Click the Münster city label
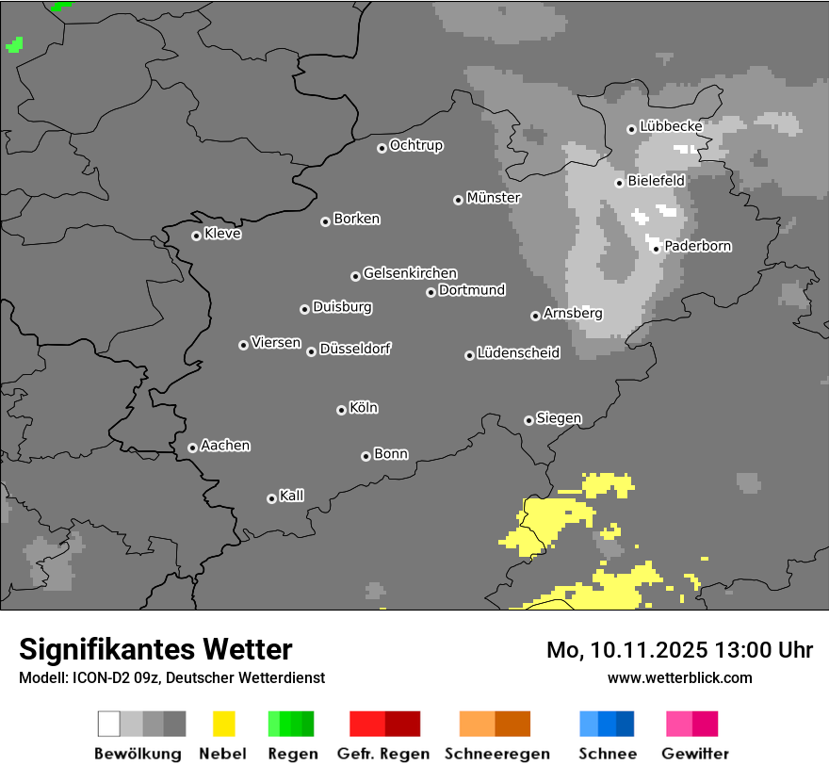pyautogui.click(x=494, y=198)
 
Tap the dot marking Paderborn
pyautogui.click(x=656, y=249)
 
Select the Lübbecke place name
pyautogui.click(x=671, y=126)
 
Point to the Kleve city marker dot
pyautogui.click(x=196, y=236)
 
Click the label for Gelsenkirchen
pyautogui.click(x=410, y=273)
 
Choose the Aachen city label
pyautogui.click(x=225, y=446)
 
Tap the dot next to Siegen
pyautogui.click(x=528, y=420)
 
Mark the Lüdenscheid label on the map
pyautogui.click(x=518, y=353)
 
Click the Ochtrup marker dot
pyautogui.click(x=382, y=147)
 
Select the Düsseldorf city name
pyautogui.click(x=355, y=349)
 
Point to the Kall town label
pyautogui.click(x=291, y=496)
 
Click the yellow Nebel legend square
pyautogui.click(x=223, y=724)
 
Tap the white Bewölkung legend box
pyautogui.click(x=108, y=724)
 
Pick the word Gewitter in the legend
pyautogui.click(x=695, y=754)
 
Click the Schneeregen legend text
pyautogui.click(x=496, y=754)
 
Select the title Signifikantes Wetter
pyautogui.click(x=155, y=649)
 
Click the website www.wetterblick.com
pyautogui.click(x=679, y=677)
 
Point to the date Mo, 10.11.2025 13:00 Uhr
pyautogui.click(x=679, y=650)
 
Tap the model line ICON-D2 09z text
pyautogui.click(x=171, y=677)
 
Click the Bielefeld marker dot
pyautogui.click(x=619, y=183)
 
